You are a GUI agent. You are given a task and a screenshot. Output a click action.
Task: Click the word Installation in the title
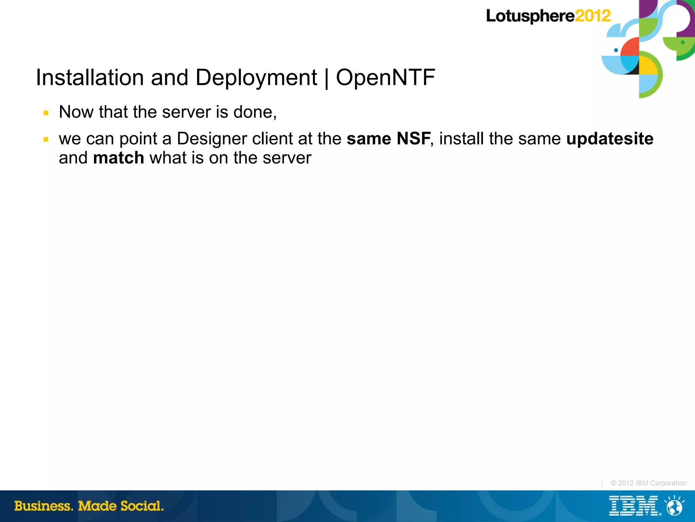click(x=90, y=77)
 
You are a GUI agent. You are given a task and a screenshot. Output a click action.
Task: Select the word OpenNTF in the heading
click(x=385, y=77)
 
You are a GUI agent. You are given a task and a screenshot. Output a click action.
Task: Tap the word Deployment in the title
click(x=256, y=78)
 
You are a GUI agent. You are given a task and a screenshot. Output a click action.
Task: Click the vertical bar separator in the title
click(x=326, y=78)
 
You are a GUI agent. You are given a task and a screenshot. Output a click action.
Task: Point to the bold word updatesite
click(x=610, y=139)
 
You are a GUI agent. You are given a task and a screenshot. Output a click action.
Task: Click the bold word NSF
click(x=413, y=139)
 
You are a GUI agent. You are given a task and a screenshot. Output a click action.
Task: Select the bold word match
click(x=118, y=158)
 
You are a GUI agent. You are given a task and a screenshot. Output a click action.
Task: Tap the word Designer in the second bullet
click(x=212, y=139)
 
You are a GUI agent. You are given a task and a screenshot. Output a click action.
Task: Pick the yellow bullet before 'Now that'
click(x=46, y=113)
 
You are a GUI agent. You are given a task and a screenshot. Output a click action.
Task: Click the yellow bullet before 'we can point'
click(x=46, y=139)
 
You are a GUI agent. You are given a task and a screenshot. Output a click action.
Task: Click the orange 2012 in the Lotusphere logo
click(x=593, y=16)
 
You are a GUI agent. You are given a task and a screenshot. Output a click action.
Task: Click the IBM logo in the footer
click(x=633, y=506)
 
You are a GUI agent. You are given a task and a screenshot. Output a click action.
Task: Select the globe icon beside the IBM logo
click(x=674, y=506)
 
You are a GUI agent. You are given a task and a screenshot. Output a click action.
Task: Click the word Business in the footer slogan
click(x=43, y=506)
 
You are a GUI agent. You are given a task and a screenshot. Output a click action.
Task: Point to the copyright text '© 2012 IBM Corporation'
click(x=649, y=483)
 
